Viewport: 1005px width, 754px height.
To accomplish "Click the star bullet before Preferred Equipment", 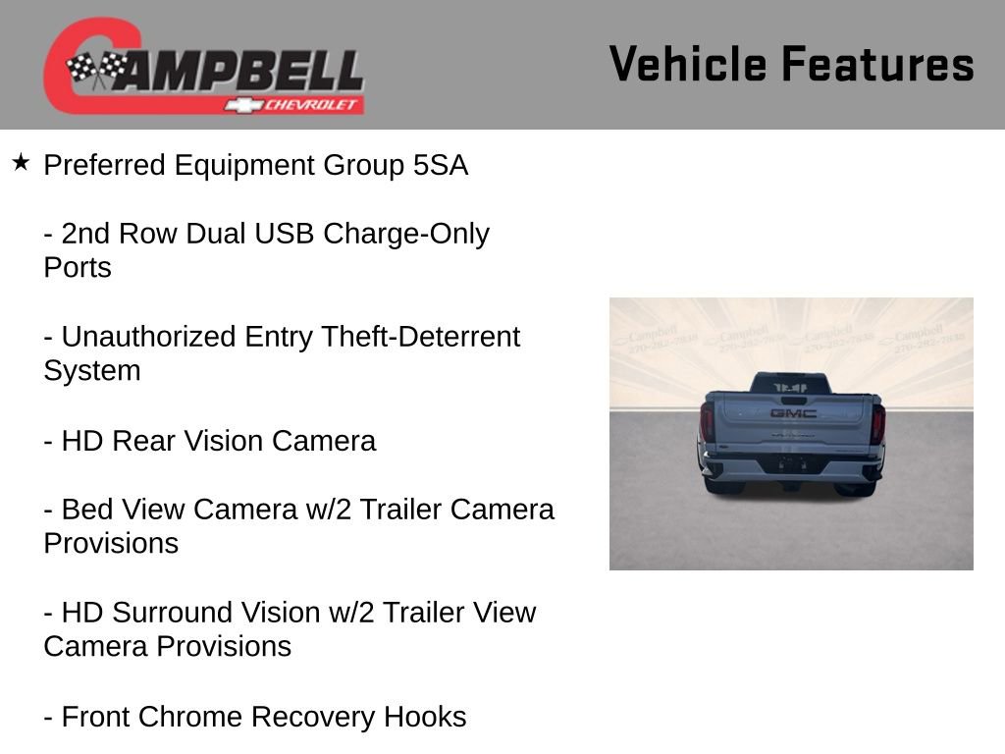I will point(21,162).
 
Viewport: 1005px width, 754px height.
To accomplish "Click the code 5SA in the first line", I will point(441,165).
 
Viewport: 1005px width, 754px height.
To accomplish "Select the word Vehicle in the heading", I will point(687,65).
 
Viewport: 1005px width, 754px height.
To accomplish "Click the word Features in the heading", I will point(877,65).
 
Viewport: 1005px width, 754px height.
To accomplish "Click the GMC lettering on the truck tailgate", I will point(792,413).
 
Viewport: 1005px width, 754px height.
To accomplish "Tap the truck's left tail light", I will point(707,422).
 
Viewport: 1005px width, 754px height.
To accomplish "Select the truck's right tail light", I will point(877,422).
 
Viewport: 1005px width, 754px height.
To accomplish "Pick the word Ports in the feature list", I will point(78,268).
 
